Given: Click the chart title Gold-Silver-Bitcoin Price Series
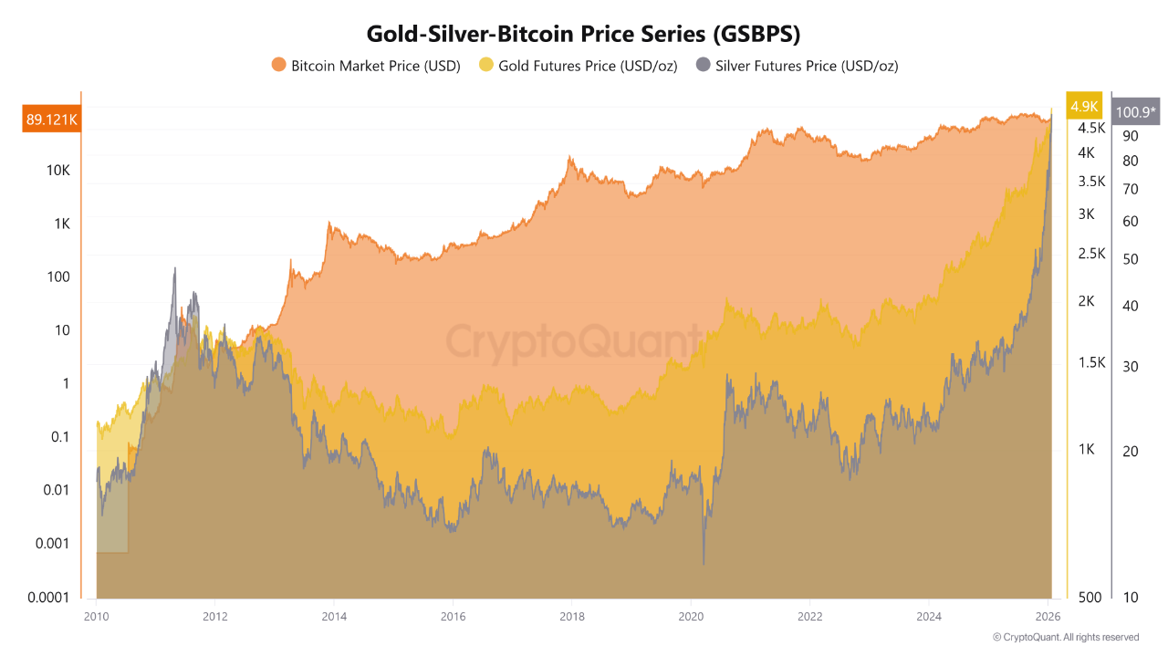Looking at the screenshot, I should point(583,34).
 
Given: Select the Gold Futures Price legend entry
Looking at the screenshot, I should point(578,65).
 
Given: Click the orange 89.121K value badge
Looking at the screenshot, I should point(51,119).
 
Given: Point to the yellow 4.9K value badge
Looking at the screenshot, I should point(1084,106).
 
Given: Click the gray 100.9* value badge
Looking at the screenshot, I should point(1135,112).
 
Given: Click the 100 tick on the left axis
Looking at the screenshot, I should point(58,276).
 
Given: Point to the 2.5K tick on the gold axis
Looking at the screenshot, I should point(1091,254).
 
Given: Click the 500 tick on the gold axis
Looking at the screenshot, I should point(1089,597).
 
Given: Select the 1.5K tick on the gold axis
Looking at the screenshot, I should point(1091,362).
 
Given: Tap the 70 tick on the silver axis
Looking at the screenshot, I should point(1130,190).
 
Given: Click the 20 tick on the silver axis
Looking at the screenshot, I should point(1130,451).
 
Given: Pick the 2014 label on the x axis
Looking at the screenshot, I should point(334,616).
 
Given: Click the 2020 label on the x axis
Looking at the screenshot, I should point(691,616).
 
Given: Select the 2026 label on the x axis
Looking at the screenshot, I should point(1048,616).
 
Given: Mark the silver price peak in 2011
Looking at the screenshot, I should point(173,269).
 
